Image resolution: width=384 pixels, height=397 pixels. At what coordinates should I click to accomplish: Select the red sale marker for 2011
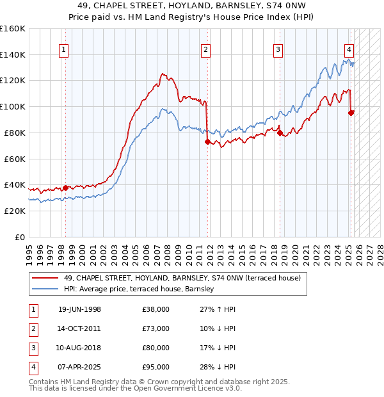click(x=207, y=142)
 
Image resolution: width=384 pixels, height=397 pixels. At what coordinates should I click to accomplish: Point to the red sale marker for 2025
click(x=351, y=113)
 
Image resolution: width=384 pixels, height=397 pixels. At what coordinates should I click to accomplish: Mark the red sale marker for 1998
click(x=65, y=188)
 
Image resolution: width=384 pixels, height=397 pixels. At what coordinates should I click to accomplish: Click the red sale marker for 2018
click(x=280, y=133)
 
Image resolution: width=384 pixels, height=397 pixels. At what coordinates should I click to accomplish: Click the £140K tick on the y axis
click(x=13, y=54)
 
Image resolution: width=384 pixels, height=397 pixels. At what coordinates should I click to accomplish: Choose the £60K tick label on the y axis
click(x=15, y=159)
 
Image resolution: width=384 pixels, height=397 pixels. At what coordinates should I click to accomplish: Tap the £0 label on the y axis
click(x=20, y=237)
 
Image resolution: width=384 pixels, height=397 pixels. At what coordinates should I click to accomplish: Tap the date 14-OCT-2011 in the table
click(x=79, y=328)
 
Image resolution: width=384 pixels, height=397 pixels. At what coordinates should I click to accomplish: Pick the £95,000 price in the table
click(x=156, y=367)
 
